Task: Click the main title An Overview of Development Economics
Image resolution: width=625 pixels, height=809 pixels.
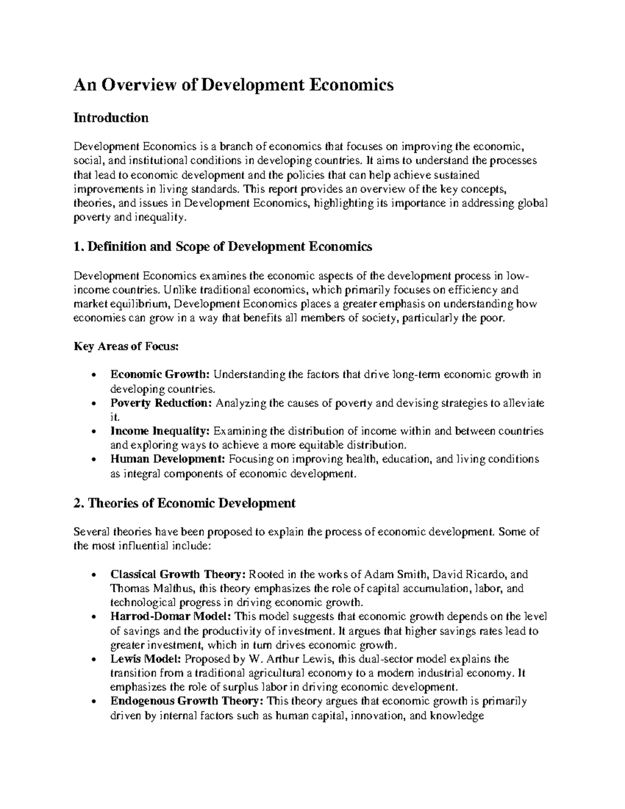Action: (233, 84)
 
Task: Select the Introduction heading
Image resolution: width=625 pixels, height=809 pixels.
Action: (111, 118)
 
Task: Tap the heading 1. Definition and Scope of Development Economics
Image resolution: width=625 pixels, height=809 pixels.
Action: (223, 246)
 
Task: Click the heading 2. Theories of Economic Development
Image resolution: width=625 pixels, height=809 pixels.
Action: (184, 503)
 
